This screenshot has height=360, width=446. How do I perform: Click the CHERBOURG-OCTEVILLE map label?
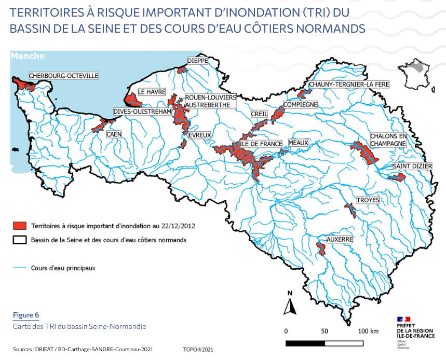click(x=63, y=76)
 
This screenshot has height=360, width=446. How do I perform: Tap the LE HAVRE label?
click(x=152, y=92)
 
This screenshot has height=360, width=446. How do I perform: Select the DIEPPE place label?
click(x=197, y=61)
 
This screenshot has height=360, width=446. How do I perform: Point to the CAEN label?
click(x=114, y=134)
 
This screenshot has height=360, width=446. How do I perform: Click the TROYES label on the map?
click(x=368, y=200)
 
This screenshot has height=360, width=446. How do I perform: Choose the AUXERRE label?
click(x=340, y=240)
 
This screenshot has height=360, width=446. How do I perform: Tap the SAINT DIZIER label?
click(x=412, y=166)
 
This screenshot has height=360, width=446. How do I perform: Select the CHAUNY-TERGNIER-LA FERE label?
click(x=341, y=85)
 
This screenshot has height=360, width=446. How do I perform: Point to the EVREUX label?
click(x=200, y=135)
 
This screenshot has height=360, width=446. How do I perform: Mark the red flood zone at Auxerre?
click(x=321, y=248)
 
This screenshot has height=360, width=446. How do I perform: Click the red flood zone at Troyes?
click(x=350, y=210)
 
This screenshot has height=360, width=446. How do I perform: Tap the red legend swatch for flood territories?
click(x=20, y=226)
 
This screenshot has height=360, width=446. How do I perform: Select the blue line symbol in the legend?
click(x=20, y=268)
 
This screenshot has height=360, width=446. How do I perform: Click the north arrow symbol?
click(x=289, y=304)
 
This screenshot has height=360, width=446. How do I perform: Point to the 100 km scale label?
click(x=368, y=330)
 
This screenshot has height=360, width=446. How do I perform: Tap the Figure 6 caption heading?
click(x=26, y=315)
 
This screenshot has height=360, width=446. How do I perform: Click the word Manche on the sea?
click(x=28, y=56)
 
